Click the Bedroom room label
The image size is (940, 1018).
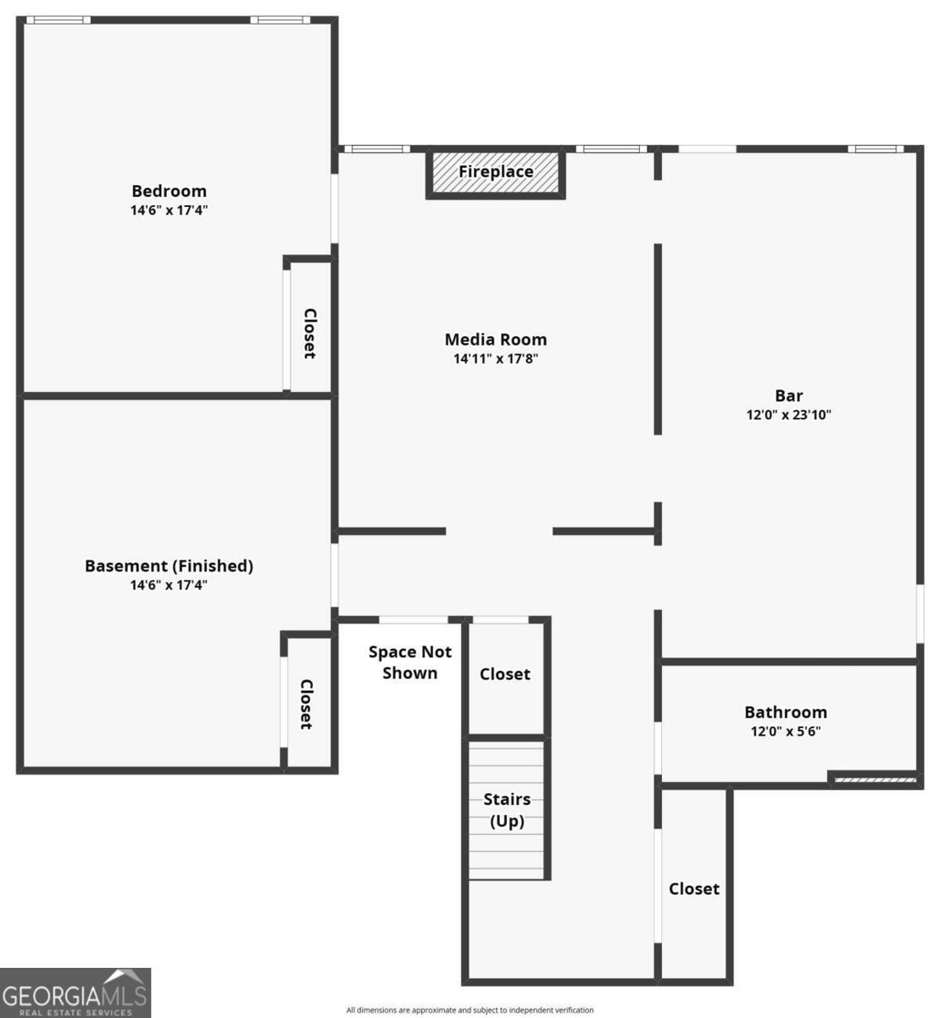point(169,191)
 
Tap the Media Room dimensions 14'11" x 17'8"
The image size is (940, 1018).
point(495,358)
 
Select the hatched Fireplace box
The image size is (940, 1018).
point(495,171)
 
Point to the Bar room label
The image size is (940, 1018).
point(788,395)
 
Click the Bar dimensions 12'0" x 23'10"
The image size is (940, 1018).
point(788,414)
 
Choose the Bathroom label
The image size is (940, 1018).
point(785,712)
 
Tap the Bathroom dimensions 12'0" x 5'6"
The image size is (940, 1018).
point(785,731)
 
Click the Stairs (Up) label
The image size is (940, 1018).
point(507,810)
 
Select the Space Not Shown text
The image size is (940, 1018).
point(409,663)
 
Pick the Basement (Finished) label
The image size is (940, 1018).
point(169,566)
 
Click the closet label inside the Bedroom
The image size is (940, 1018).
point(310,333)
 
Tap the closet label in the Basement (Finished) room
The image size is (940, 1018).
point(306,704)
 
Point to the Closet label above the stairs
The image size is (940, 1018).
point(504,674)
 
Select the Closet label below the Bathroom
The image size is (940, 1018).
point(693,888)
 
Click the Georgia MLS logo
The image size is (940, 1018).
point(75,993)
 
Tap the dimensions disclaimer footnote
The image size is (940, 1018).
point(470,1010)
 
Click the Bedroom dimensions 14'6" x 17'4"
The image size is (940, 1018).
point(169,210)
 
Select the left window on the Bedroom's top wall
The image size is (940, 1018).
point(58,20)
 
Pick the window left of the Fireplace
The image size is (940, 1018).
point(377,149)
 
